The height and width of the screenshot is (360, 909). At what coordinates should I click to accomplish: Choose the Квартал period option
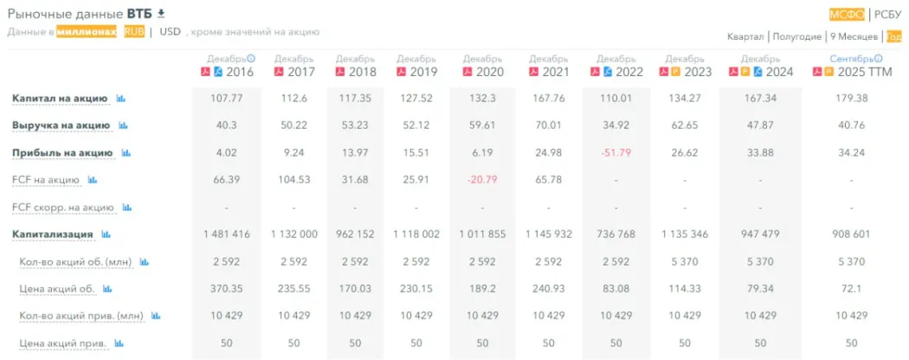tap(745, 36)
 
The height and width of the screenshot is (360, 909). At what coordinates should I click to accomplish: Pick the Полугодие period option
tap(796, 36)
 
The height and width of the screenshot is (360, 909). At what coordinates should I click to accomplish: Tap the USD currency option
tap(170, 32)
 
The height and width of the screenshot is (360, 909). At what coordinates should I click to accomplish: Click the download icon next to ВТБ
tap(160, 14)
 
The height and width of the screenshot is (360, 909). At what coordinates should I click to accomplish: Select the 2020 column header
tap(490, 72)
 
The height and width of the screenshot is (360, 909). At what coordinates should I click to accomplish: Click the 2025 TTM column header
tap(857, 72)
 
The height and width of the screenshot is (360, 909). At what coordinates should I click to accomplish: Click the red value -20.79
tap(482, 180)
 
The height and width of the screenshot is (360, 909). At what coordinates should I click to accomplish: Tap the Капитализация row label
tap(53, 234)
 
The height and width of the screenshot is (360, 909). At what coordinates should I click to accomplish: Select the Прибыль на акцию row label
tap(62, 153)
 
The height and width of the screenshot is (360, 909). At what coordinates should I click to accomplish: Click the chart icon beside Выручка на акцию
tap(123, 126)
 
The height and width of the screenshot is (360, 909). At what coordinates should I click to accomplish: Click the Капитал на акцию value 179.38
tap(851, 99)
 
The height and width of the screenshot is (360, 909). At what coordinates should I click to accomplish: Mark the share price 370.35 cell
tap(229, 288)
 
